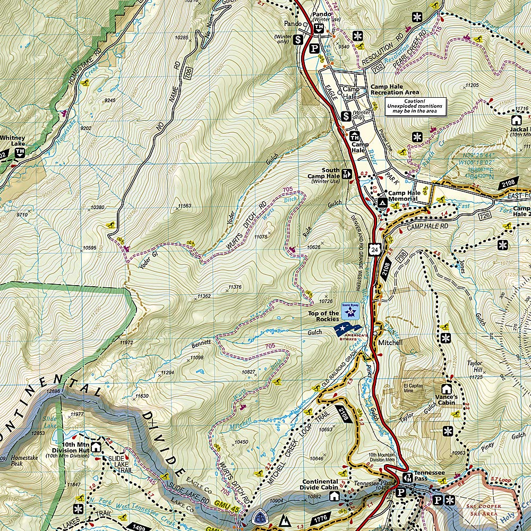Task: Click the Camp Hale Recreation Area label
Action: click(394, 89)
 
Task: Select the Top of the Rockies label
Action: click(323, 316)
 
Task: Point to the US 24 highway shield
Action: click(375, 249)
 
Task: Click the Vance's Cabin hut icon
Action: click(447, 389)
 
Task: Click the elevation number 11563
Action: click(184, 205)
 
